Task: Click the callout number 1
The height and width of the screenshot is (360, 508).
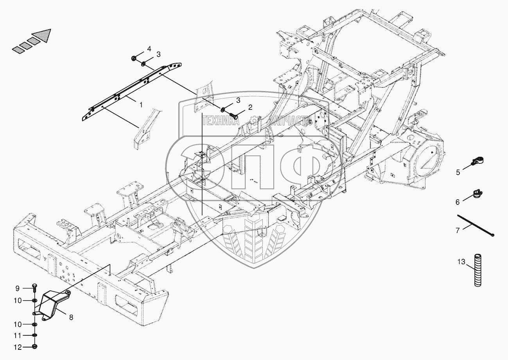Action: [141, 105]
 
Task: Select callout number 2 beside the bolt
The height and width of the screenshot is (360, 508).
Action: [250, 107]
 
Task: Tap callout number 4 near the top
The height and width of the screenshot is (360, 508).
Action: [149, 49]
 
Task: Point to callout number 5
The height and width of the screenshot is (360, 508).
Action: [458, 172]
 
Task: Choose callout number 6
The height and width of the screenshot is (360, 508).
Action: [458, 202]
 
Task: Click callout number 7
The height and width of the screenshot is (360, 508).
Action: [458, 231]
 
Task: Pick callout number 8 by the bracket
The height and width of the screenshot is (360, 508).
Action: [71, 318]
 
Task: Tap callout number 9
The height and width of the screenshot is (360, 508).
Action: [18, 288]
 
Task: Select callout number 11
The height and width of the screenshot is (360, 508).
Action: [18, 335]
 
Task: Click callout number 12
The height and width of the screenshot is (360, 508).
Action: [18, 347]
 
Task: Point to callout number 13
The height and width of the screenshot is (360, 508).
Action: [461, 262]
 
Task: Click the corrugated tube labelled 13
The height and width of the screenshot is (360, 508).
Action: [478, 270]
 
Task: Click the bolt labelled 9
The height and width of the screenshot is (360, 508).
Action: [34, 288]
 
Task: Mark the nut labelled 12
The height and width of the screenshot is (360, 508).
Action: [35, 347]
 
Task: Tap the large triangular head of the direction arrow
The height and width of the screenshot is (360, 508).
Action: [43, 35]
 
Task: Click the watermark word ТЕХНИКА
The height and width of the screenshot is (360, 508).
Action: [221, 120]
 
